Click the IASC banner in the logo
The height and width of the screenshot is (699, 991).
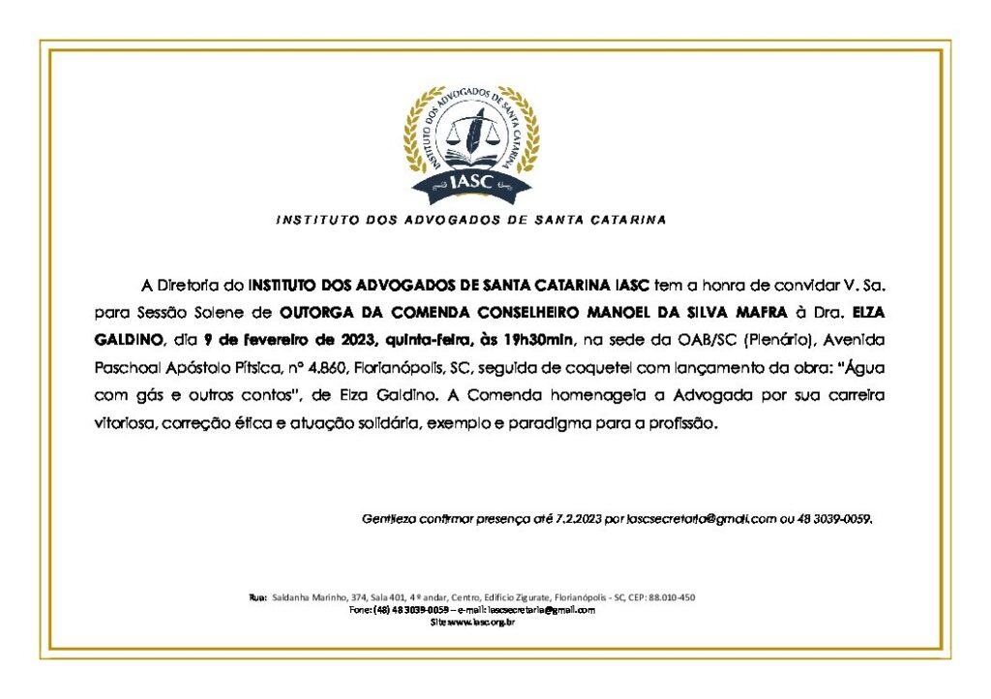[x=471, y=181]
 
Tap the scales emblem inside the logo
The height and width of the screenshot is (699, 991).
[x=472, y=136]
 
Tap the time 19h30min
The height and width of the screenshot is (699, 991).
[x=538, y=341]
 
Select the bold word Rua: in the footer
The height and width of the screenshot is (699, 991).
[x=258, y=597]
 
